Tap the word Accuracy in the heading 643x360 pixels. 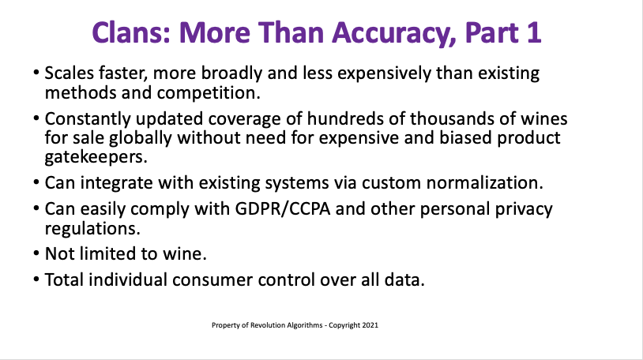coord(394,34)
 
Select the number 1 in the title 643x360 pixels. coord(533,32)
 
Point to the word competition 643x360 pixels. coord(209,93)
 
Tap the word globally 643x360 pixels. coord(141,138)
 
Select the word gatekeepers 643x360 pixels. coord(96,157)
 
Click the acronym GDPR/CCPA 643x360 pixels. coord(283,209)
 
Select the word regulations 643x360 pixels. coord(92,229)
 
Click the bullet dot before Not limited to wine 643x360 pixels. coord(36,253)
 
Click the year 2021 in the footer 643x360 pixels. coord(370,325)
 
